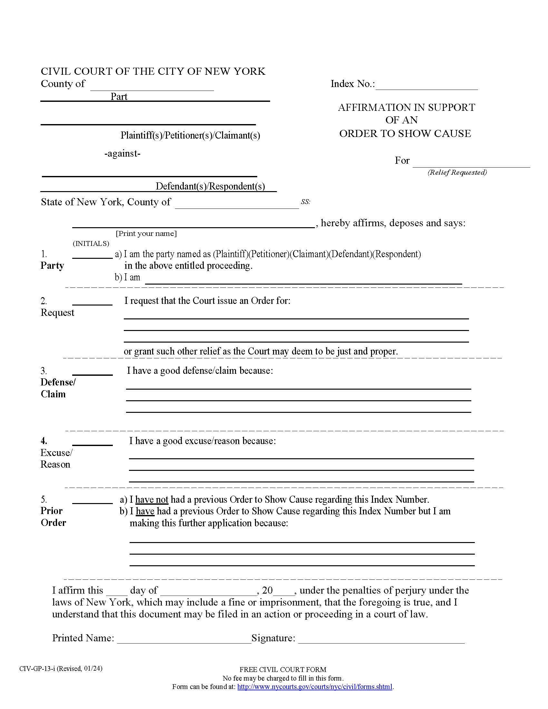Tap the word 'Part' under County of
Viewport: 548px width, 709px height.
[x=119, y=97]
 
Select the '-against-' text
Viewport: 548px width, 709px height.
[x=122, y=153]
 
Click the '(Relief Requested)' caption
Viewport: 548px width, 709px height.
[x=457, y=172]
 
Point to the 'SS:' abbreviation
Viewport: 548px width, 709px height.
[x=305, y=202]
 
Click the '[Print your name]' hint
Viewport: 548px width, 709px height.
[x=146, y=233]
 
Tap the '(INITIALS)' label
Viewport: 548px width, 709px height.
[x=91, y=243]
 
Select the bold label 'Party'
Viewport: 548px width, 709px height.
[x=52, y=266]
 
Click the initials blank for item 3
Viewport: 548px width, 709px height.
[x=92, y=372]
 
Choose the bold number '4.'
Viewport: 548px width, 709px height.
[x=44, y=441]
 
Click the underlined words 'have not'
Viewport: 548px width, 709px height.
[x=152, y=499]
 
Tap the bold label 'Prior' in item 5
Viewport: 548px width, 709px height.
[x=51, y=511]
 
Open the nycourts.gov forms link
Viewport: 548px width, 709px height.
[x=315, y=686]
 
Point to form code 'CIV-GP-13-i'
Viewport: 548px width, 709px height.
[x=37, y=668]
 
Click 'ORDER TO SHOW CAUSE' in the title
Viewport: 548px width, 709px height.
[x=405, y=133]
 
